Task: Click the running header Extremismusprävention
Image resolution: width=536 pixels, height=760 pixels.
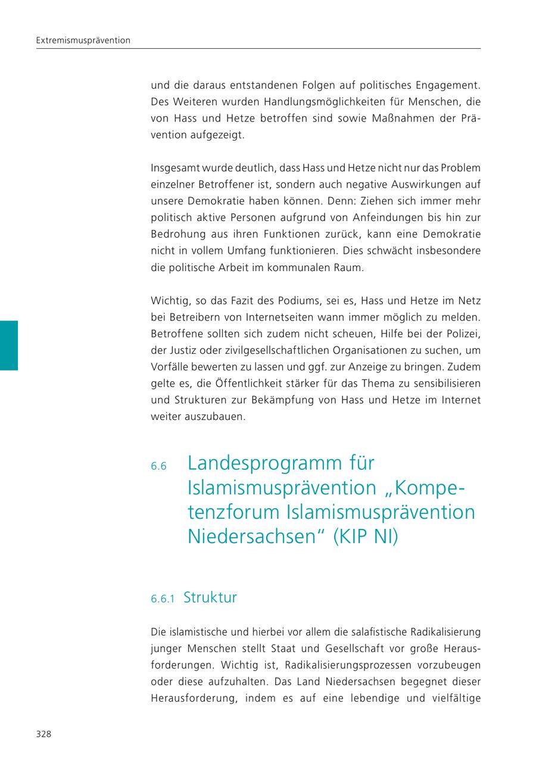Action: click(83, 41)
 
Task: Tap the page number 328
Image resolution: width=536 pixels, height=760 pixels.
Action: click(43, 734)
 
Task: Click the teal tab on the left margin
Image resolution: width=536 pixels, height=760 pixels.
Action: click(9, 345)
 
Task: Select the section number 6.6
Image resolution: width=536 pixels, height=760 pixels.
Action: click(158, 466)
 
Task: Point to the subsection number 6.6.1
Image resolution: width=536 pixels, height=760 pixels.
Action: click(163, 599)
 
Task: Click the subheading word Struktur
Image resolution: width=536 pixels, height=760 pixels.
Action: click(210, 597)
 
